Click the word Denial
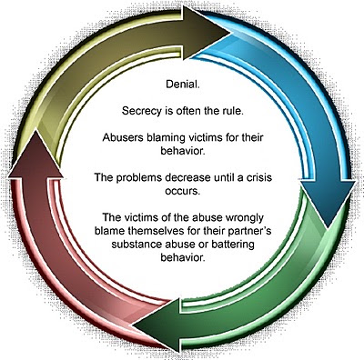[x=183, y=84]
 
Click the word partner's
[x=250, y=232]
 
